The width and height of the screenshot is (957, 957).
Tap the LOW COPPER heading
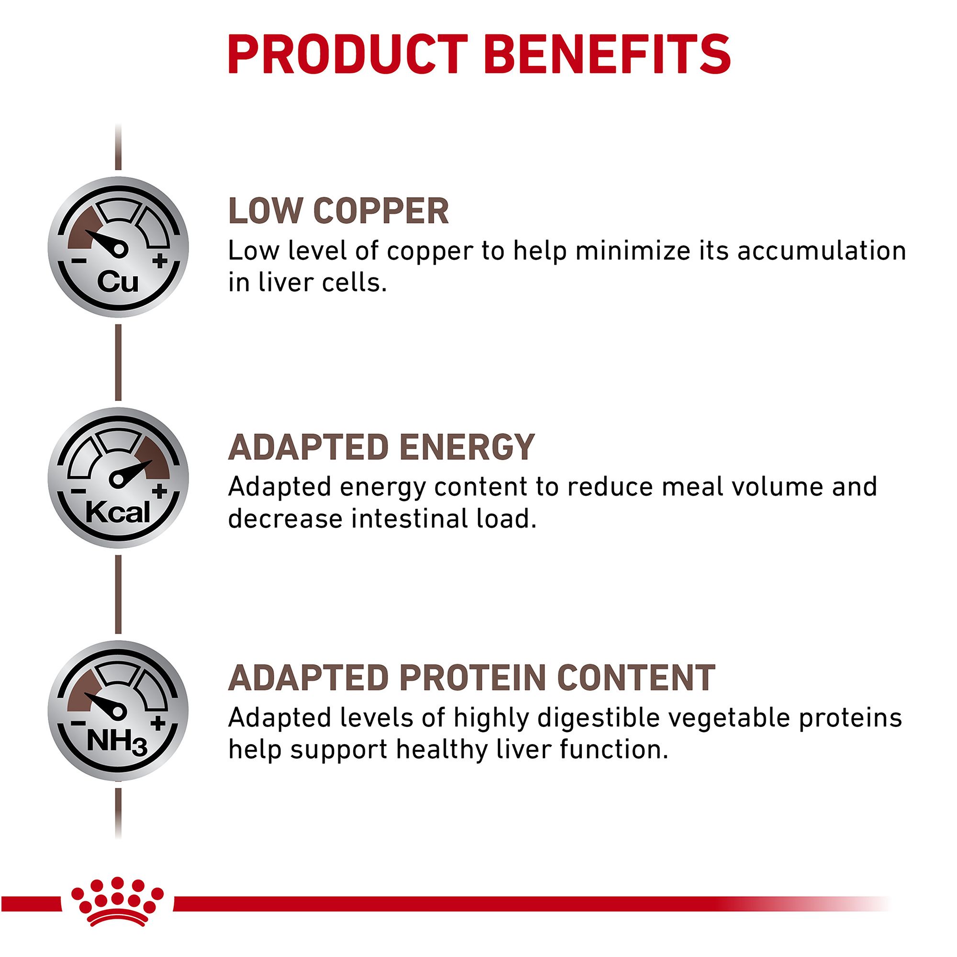(338, 211)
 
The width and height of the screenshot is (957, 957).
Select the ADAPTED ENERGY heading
(381, 447)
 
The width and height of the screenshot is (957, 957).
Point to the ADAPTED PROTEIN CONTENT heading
(472, 678)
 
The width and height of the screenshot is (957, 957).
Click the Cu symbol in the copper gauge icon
(117, 282)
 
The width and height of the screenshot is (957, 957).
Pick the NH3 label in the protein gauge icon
(117, 743)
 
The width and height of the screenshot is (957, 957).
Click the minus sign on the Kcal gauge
(78, 491)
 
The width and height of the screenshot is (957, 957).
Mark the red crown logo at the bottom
(117, 908)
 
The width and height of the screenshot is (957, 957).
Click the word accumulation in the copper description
(822, 251)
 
